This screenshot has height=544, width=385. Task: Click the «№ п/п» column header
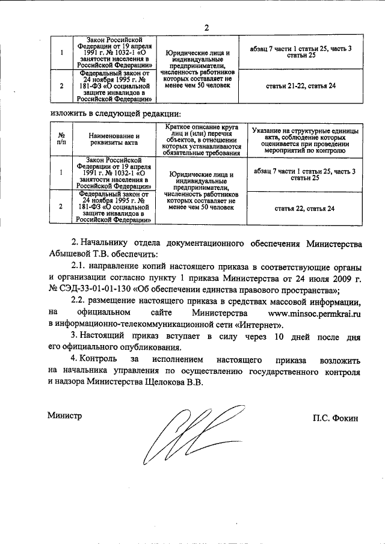pos(61,139)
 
